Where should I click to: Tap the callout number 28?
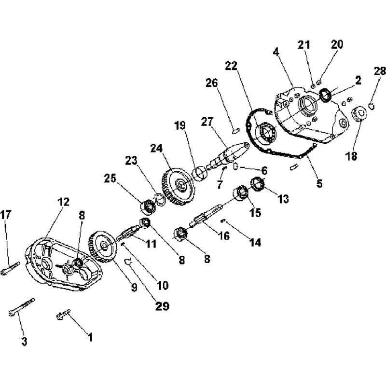tap(380, 72)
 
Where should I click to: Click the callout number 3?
tap(24, 342)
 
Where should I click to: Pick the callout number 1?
tap(89, 336)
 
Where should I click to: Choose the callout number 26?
tap(212, 83)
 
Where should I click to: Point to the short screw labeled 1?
tap(63, 315)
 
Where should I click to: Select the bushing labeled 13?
tap(258, 184)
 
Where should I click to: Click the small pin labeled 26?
tap(235, 128)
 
